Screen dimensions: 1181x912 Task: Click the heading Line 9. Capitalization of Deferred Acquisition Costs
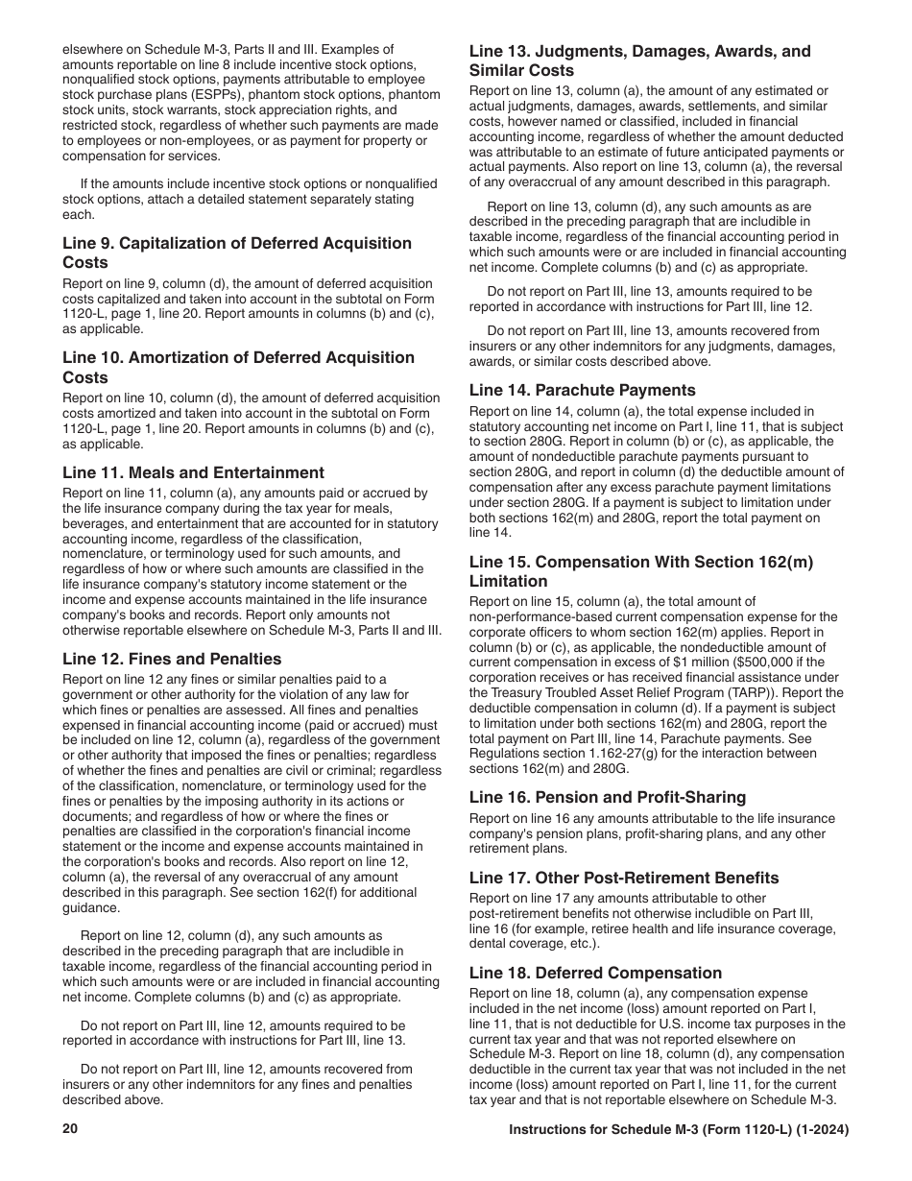click(x=237, y=253)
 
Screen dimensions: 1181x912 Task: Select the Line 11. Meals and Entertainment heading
click(x=193, y=472)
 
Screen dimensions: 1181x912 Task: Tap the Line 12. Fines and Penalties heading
click(x=172, y=659)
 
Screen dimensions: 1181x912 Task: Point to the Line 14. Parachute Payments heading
click(x=582, y=390)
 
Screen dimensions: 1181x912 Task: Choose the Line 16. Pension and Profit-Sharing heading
click(x=607, y=797)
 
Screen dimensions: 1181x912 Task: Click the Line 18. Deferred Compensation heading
click(x=595, y=973)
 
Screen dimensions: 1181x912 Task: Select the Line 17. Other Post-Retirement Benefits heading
click(x=624, y=878)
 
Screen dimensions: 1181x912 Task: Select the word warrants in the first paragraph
click(x=145, y=110)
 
